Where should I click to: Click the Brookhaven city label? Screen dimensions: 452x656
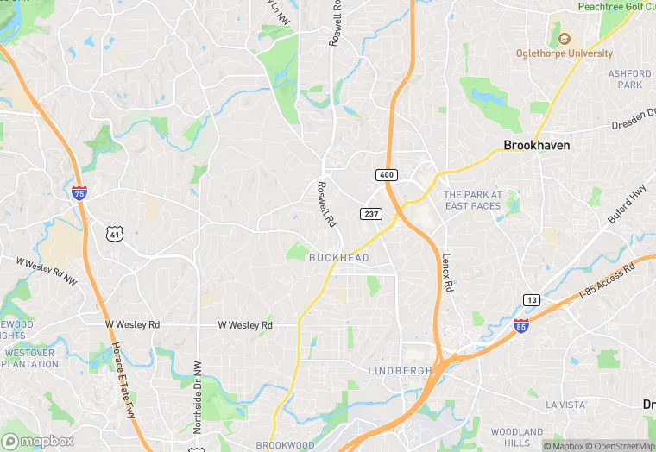point(536,146)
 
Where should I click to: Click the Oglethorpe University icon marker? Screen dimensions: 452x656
point(564,39)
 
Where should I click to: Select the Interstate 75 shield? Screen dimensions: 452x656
point(79,193)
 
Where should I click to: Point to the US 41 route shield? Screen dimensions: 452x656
point(114,233)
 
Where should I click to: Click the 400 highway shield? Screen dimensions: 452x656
point(386,175)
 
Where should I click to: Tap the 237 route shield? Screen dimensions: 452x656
point(370,212)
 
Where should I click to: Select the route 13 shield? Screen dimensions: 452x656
point(532,299)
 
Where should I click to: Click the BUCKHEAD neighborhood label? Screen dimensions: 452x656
point(339,258)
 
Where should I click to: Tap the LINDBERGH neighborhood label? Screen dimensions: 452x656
point(400,371)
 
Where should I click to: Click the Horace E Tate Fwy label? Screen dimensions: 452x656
point(123,368)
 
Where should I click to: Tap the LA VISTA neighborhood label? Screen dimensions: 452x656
point(565,405)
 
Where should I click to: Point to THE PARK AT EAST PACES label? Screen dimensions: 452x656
point(472,201)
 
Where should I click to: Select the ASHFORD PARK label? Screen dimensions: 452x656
point(629,79)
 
